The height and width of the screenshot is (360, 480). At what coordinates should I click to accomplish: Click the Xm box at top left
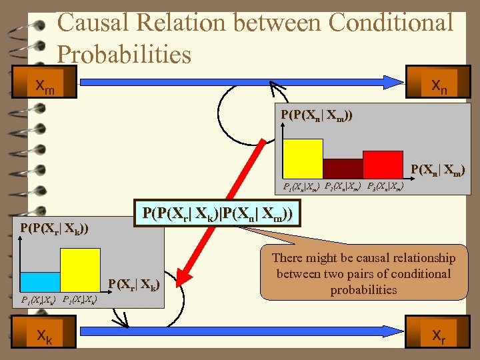(x=45, y=85)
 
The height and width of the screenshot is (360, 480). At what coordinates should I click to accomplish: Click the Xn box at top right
(x=439, y=85)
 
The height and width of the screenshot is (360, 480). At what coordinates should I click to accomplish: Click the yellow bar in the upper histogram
(x=303, y=159)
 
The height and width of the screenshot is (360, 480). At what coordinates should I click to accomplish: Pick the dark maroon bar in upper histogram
(x=343, y=169)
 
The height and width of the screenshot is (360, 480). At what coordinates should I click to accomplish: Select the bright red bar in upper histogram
(x=383, y=165)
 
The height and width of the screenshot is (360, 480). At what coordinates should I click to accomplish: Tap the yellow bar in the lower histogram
(x=80, y=270)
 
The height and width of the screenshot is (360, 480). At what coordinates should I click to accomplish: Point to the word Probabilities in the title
(x=124, y=54)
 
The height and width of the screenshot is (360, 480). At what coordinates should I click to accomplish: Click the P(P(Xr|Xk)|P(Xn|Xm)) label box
(x=217, y=215)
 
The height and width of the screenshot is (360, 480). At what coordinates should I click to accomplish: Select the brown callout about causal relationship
(x=363, y=273)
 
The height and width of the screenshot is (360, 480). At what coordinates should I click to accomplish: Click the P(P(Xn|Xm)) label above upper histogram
(x=317, y=115)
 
